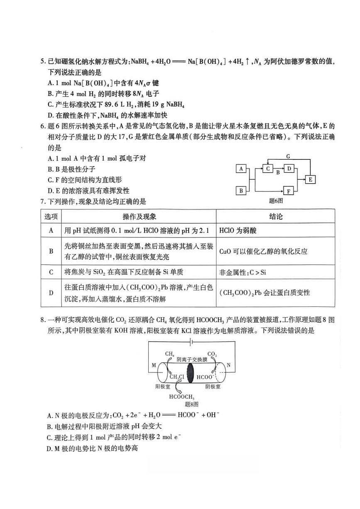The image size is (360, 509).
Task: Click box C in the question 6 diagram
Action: coord(268,169)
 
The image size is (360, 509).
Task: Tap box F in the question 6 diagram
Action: coord(289,191)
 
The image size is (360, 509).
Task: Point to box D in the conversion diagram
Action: coord(289,169)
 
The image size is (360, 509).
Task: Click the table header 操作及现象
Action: coord(140,217)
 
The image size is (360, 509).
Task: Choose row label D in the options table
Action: coord(51,293)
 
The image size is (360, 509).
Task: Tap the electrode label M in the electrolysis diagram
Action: coord(154,365)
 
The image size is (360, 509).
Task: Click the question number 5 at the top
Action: coord(42,61)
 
